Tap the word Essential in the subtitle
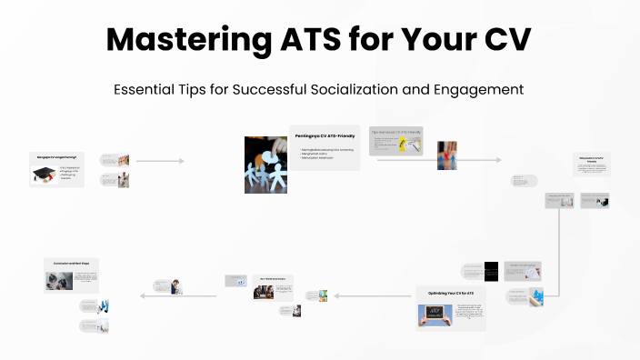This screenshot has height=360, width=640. tap(145, 90)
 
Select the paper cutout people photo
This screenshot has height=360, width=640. tap(265, 165)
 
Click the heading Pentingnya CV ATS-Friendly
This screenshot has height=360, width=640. tap(325, 135)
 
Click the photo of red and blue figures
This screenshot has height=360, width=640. tap(446, 155)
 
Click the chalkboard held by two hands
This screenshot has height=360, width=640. tap(435, 315)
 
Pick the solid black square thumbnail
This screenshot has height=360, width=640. tap(491, 270)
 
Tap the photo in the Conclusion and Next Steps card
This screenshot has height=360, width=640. tap(59, 280)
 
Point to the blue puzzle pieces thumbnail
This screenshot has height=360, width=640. tap(536, 295)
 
